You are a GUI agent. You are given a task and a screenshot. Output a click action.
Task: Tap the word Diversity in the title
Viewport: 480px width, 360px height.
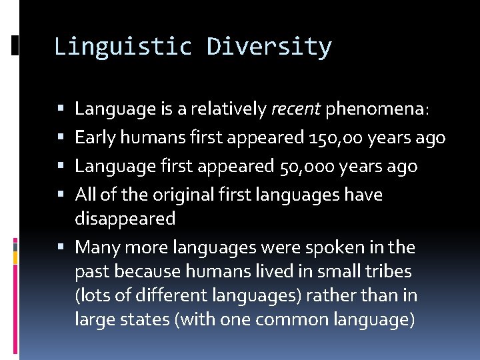click(269, 47)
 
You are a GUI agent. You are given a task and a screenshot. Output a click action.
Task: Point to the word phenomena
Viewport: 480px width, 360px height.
click(377, 109)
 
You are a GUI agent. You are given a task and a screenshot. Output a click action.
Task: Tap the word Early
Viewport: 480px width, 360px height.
click(95, 137)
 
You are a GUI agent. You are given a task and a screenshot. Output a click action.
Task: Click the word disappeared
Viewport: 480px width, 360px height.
click(125, 219)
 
